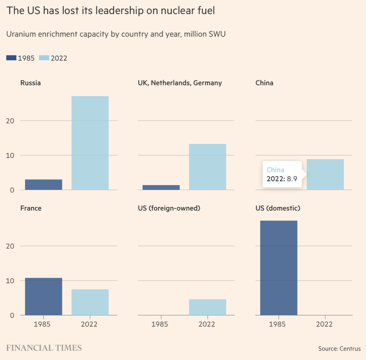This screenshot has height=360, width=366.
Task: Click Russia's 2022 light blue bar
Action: [x=90, y=143]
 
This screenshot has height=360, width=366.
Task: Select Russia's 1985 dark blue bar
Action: [x=44, y=185]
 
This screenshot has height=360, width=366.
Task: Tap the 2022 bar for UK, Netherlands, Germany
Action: [x=207, y=167]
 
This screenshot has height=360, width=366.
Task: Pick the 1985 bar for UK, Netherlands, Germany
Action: [x=161, y=187]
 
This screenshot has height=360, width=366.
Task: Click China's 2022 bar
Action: [x=325, y=174]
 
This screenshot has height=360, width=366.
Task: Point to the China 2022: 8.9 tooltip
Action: [x=282, y=174]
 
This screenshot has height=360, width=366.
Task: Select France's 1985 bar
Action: [x=44, y=297]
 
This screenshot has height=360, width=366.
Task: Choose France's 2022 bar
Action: [x=90, y=302]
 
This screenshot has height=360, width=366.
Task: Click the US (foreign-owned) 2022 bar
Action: [x=207, y=307]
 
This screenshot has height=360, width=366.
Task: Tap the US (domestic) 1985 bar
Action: [x=278, y=268]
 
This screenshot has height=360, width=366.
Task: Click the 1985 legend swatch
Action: [x=11, y=58]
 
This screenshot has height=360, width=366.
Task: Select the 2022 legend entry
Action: [x=53, y=58]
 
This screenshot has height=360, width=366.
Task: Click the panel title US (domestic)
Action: [x=278, y=208]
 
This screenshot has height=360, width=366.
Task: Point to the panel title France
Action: [x=31, y=208]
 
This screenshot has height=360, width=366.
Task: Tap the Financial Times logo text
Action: [x=44, y=347]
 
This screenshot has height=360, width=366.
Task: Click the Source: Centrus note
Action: [x=339, y=349]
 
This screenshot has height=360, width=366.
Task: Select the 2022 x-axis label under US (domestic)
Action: [x=324, y=325]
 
